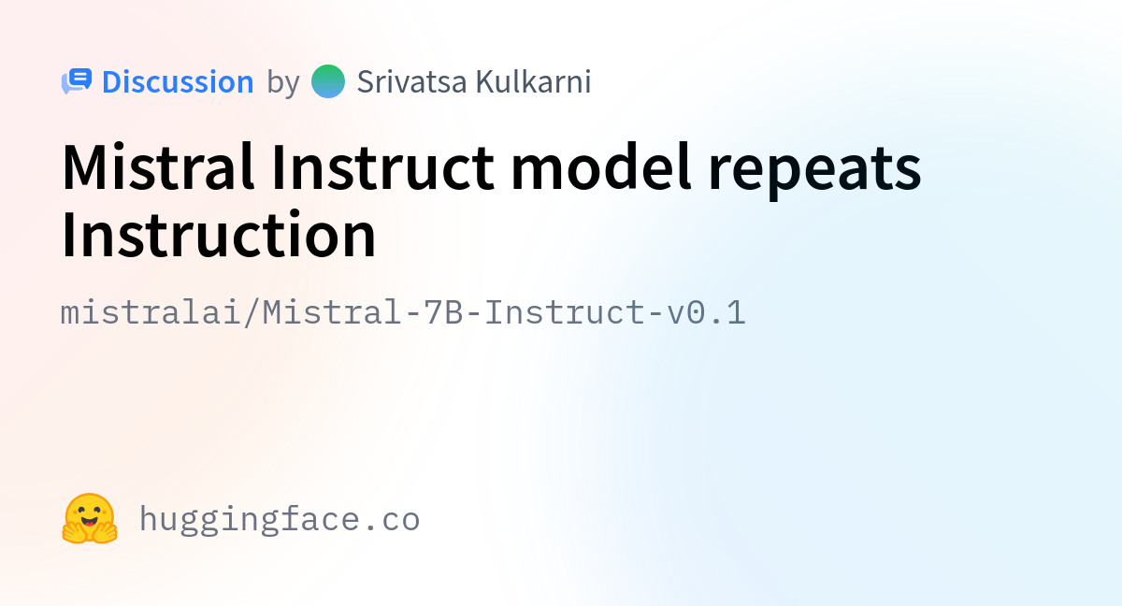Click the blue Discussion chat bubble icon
click(x=77, y=81)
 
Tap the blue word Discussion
click(x=178, y=81)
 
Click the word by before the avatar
click(x=283, y=82)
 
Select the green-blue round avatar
click(x=328, y=81)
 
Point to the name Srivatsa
click(x=411, y=81)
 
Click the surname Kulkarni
click(x=534, y=81)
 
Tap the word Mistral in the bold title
click(x=158, y=166)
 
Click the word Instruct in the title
click(x=383, y=166)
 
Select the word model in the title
click(x=601, y=166)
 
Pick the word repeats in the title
click(x=815, y=170)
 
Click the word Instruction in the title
click(x=219, y=235)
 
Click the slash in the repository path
click(x=252, y=312)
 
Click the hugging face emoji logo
click(x=90, y=518)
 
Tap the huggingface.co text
click(x=280, y=520)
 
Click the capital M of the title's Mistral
click(x=83, y=166)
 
